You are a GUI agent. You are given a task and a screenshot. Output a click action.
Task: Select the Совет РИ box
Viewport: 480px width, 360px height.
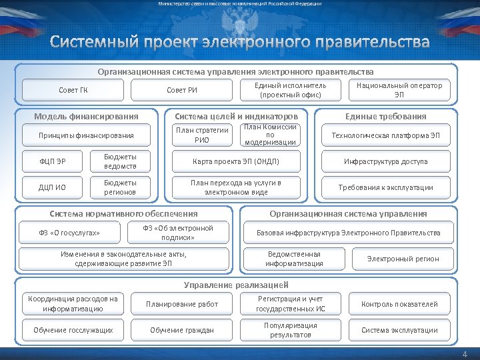pos(181,91)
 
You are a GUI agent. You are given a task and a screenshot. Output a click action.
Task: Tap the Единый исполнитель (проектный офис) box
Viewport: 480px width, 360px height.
pos(291,90)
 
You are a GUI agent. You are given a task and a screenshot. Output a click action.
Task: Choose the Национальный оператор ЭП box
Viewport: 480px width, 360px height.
pos(399,90)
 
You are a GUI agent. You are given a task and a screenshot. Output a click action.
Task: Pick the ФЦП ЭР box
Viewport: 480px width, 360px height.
pos(53,161)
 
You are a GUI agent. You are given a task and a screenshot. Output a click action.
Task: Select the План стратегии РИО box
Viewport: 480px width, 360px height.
pos(202,135)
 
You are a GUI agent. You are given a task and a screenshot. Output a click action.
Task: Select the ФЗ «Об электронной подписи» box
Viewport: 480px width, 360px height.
pos(178,233)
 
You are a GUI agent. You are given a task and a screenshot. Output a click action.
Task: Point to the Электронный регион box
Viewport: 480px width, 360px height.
pos(403,259)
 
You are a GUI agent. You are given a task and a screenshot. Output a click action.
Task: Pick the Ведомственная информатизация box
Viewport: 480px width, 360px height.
pos(294,259)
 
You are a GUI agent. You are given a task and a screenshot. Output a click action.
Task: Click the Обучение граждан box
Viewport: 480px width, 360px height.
pos(181,330)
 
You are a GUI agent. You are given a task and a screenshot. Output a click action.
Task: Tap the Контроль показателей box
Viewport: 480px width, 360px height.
pos(399,304)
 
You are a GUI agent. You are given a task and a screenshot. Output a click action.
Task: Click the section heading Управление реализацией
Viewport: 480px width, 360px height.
pos(236,285)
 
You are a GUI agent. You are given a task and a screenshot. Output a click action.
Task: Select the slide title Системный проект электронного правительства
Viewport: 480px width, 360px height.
pos(239,43)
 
